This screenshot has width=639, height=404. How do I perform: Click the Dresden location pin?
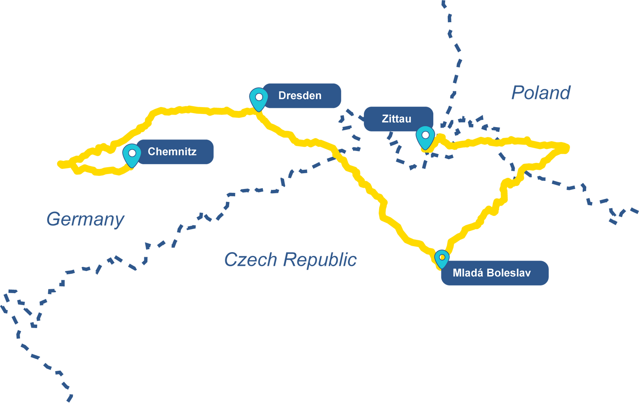(x=258, y=98)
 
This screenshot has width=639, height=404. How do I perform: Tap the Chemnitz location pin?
(x=132, y=154)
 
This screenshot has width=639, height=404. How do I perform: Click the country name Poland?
(x=541, y=93)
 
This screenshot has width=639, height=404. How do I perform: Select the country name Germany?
(x=85, y=219)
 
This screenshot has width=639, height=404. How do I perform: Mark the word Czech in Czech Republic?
(x=250, y=259)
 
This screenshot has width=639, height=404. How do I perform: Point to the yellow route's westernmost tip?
(x=59, y=163)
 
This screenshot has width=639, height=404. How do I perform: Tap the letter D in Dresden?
(x=282, y=96)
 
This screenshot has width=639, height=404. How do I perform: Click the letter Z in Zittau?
(x=385, y=119)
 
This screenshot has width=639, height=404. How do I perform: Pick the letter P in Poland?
(x=518, y=93)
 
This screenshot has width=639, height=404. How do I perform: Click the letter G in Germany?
(x=52, y=219)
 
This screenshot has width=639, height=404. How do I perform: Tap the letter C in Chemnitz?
(x=151, y=151)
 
